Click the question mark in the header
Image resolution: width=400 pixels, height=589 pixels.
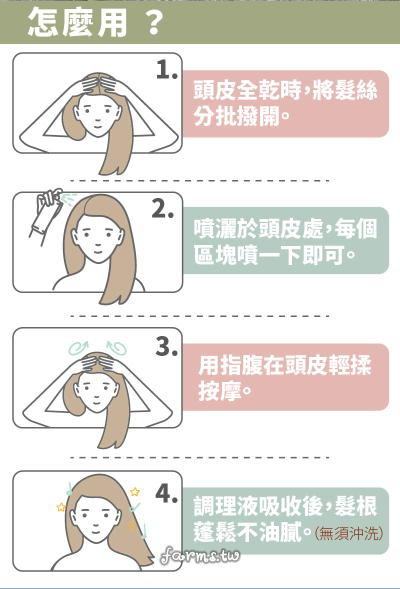(x=153, y=22)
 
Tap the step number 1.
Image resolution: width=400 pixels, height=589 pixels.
(x=167, y=69)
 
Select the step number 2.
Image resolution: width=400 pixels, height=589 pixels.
(x=162, y=208)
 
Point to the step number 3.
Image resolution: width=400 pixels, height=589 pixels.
(x=167, y=346)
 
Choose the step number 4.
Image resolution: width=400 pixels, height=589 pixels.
(x=167, y=493)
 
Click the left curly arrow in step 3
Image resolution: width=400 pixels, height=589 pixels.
(x=78, y=348)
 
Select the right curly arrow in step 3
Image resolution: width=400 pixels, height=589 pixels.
(x=117, y=348)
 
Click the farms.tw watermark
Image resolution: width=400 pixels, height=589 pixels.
(x=200, y=555)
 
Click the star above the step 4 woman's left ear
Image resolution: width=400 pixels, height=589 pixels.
(x=61, y=507)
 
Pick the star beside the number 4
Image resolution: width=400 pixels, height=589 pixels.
(x=135, y=491)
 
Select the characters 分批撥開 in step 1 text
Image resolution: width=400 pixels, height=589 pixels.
(x=236, y=116)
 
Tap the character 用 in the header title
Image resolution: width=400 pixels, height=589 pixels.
(x=112, y=22)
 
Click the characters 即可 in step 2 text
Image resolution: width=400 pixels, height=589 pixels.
(x=323, y=255)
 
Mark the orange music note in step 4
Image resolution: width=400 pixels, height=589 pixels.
(x=132, y=525)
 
